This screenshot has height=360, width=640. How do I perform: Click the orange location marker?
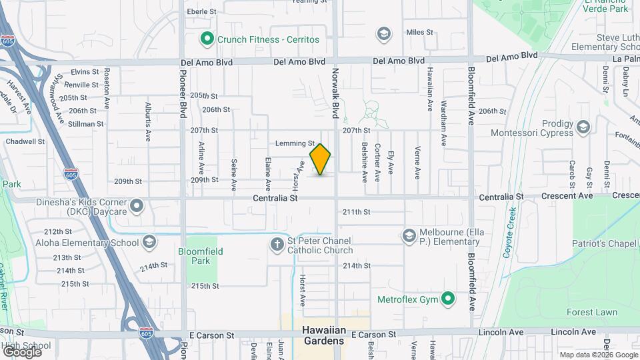(321, 159)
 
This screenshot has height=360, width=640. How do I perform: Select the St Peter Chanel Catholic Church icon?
(278, 245)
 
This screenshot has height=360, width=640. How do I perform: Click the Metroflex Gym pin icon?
(449, 299)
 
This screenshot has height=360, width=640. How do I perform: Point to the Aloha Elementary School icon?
(149, 242)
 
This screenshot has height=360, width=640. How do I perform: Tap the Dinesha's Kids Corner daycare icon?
(137, 205)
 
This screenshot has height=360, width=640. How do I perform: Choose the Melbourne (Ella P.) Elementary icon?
(409, 236)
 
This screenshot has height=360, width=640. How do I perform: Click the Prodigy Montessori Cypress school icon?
(583, 127)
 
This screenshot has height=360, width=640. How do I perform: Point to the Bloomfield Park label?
(201, 256)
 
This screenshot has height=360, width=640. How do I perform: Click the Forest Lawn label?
(592, 312)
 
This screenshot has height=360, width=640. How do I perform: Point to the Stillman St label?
(86, 123)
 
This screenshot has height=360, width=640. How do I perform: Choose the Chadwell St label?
(25, 141)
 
